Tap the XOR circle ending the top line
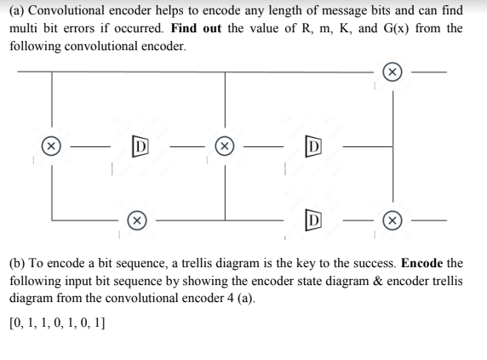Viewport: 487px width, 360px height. (x=392, y=73)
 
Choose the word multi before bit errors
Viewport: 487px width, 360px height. (x=26, y=28)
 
